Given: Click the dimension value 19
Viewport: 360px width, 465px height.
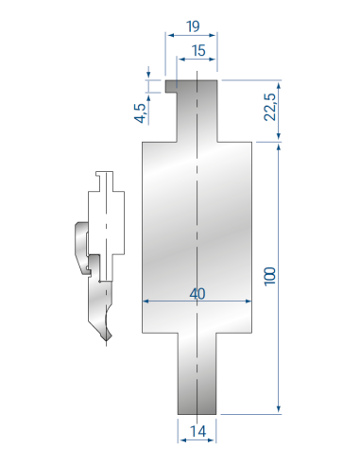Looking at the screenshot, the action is [193, 26].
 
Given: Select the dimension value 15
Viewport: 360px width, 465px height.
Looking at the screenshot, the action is [198, 50].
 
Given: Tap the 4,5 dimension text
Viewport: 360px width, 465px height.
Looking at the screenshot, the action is [141, 113].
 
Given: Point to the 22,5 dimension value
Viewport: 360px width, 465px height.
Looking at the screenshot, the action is [269, 107].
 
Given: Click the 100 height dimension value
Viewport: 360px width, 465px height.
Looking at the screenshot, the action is [269, 277].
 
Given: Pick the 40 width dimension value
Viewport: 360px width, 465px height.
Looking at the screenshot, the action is [197, 294].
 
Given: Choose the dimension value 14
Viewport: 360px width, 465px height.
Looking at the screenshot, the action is [197, 431].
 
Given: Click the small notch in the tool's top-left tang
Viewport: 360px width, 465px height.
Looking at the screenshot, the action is [171, 91].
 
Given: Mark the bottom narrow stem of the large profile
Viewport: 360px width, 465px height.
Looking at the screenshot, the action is [197, 373].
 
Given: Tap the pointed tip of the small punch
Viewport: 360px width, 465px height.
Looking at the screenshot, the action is [107, 340].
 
